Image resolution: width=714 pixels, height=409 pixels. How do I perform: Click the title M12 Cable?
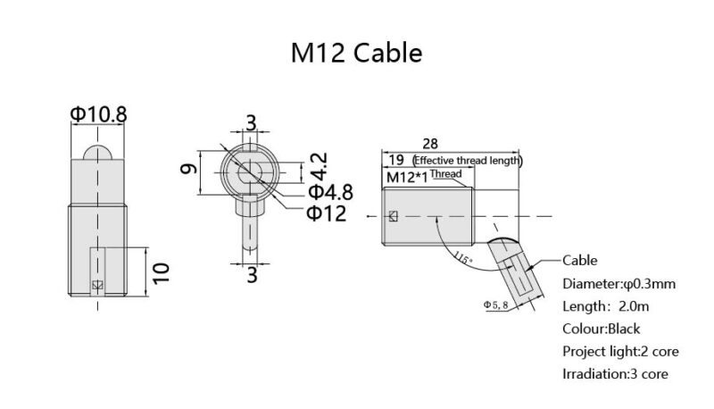(356, 53)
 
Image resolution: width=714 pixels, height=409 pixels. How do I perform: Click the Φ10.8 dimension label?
(98, 114)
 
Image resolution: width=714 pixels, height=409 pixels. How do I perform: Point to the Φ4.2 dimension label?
(317, 166)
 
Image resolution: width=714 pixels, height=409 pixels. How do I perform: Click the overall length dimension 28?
(430, 144)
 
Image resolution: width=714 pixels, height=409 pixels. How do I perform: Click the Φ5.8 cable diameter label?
(496, 305)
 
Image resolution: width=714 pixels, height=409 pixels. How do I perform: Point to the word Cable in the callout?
(580, 261)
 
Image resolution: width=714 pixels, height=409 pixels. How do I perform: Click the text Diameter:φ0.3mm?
(619, 283)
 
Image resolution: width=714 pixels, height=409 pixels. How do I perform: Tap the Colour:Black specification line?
(601, 329)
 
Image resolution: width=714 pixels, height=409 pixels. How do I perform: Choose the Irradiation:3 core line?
(614, 373)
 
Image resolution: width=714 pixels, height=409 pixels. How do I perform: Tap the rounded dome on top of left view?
(98, 149)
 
